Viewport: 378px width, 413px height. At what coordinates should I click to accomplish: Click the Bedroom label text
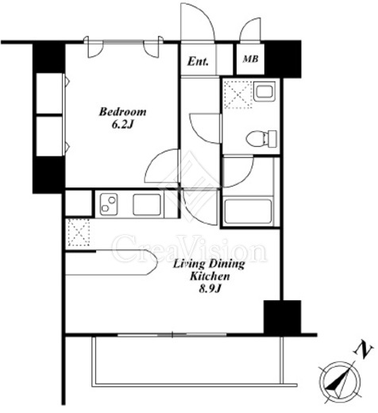pyautogui.click(x=122, y=112)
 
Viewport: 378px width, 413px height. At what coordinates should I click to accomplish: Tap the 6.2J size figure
pyautogui.click(x=122, y=125)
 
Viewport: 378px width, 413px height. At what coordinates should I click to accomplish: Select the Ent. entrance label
pyautogui.click(x=198, y=62)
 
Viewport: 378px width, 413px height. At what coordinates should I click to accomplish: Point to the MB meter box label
pyautogui.click(x=250, y=59)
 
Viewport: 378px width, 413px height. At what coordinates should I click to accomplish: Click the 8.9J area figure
pyautogui.click(x=210, y=289)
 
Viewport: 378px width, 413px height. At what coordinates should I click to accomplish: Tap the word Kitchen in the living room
pyautogui.click(x=210, y=276)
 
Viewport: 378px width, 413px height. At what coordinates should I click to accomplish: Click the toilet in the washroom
pyautogui.click(x=261, y=138)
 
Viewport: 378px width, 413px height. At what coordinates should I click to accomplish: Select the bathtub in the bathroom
pyautogui.click(x=248, y=211)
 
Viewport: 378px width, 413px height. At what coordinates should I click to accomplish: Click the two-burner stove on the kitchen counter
pyautogui.click(x=109, y=204)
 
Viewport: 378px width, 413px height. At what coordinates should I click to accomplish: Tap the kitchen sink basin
pyautogui.click(x=147, y=204)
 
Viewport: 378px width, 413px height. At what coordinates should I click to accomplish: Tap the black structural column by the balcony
pyautogui.click(x=283, y=317)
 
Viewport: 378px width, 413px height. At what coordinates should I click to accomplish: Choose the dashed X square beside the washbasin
pyautogui.click(x=238, y=95)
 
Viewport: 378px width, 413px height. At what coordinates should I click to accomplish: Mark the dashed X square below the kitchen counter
pyautogui.click(x=78, y=232)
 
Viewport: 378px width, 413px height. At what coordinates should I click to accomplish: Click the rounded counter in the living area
pyautogui.click(x=111, y=262)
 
